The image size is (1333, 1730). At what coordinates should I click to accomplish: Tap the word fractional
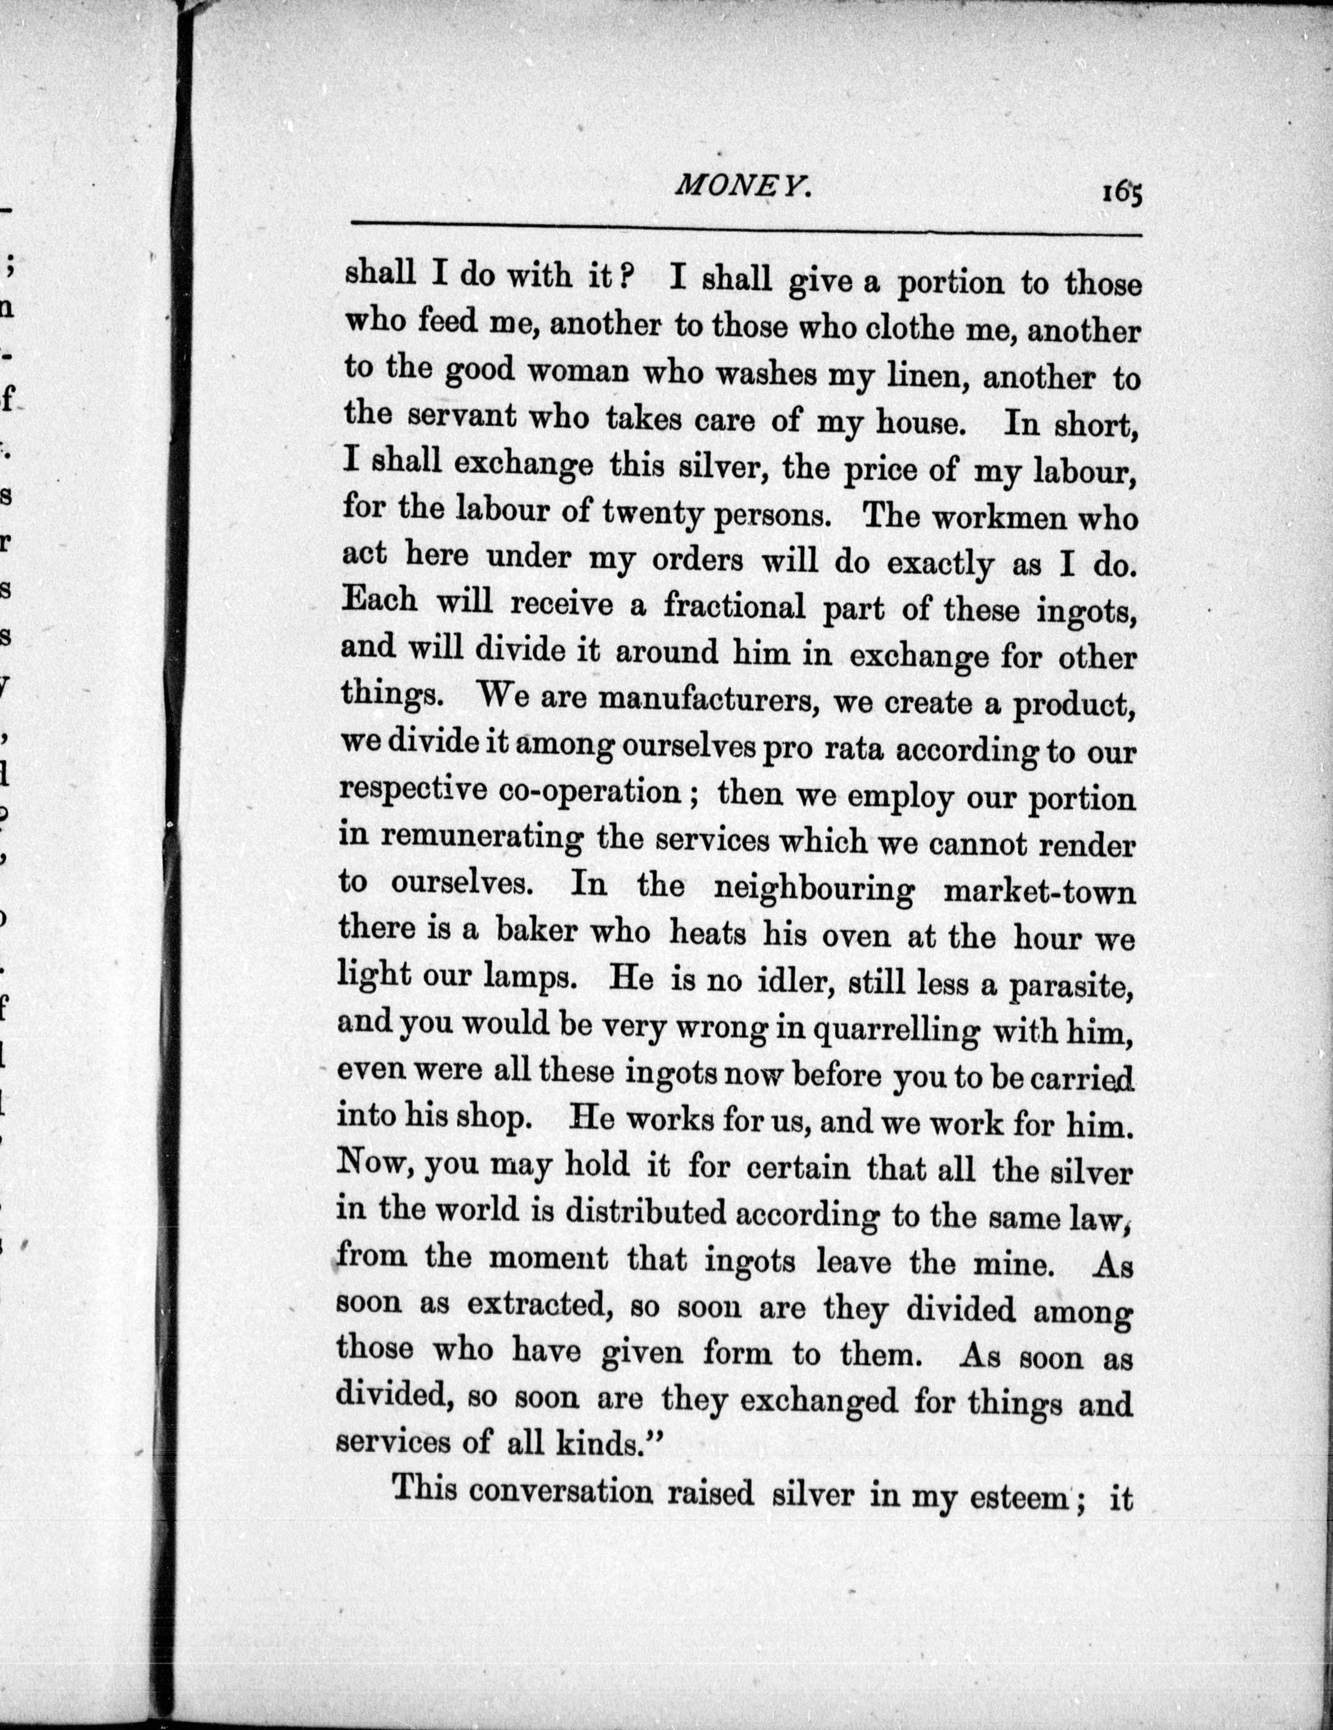click(x=735, y=606)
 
